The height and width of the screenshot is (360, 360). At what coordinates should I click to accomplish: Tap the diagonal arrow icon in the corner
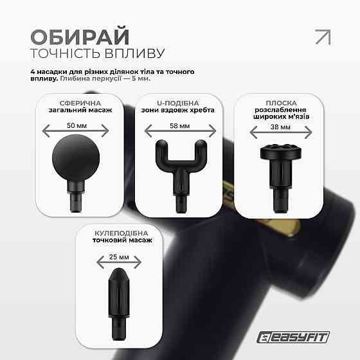pyautogui.click(x=322, y=37)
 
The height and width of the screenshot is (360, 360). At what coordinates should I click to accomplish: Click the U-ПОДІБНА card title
pyautogui.click(x=178, y=102)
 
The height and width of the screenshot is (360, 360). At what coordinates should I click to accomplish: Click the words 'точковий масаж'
pyautogui.click(x=123, y=240)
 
